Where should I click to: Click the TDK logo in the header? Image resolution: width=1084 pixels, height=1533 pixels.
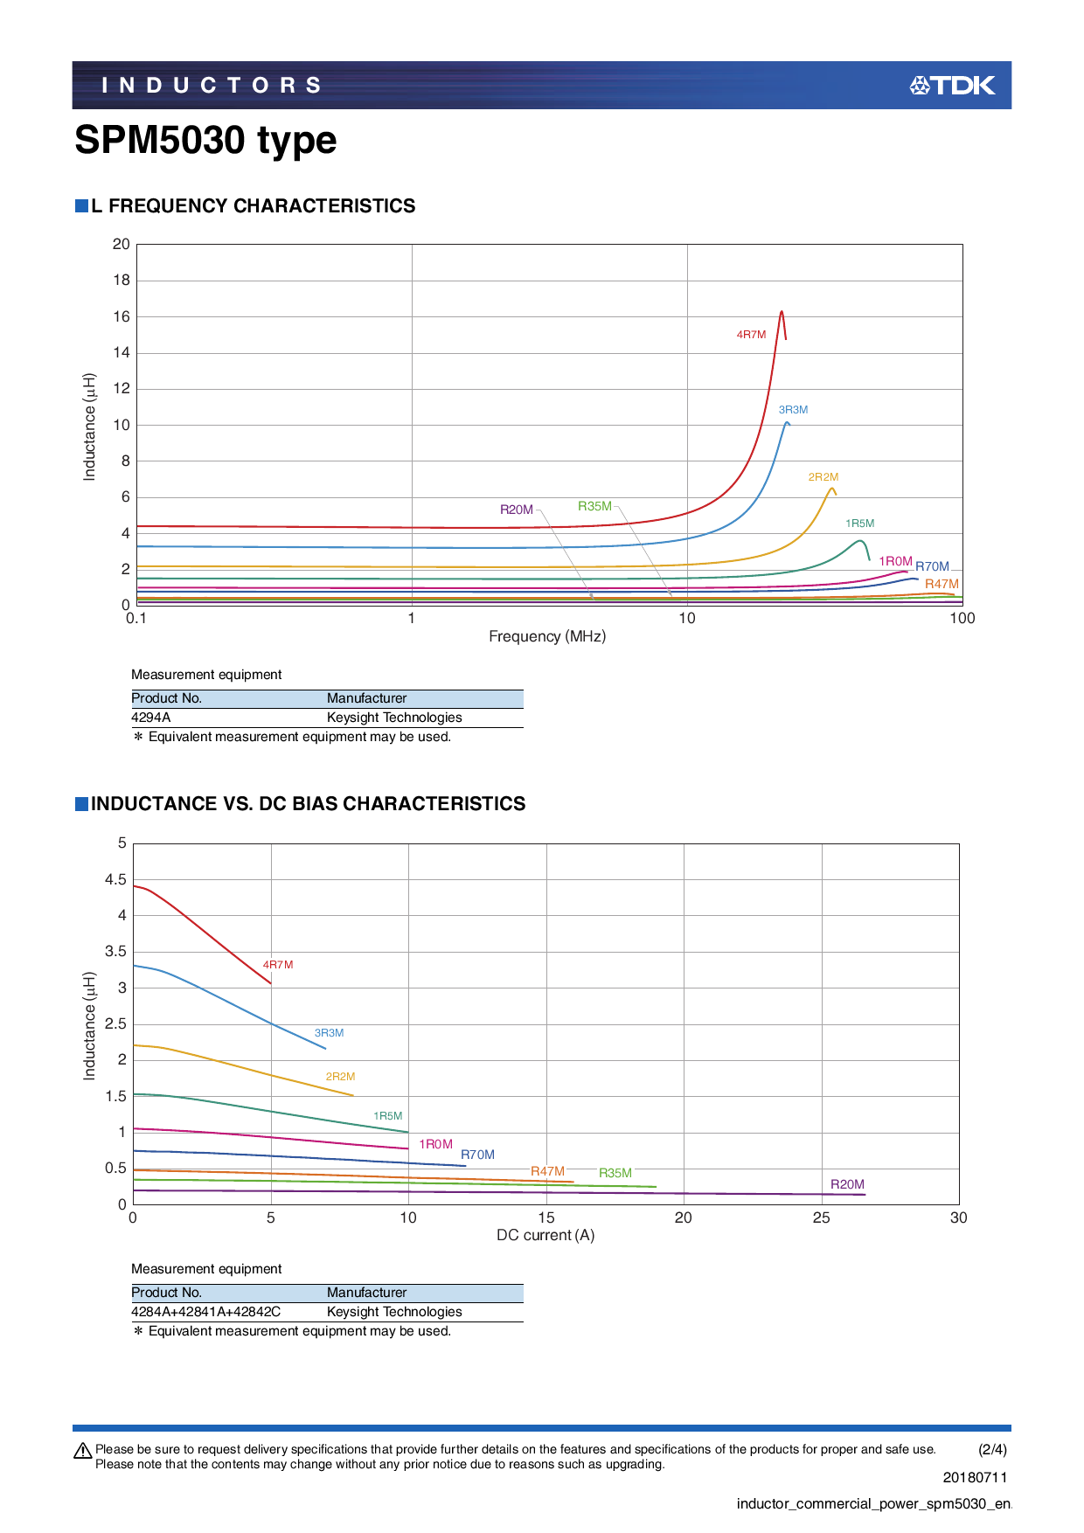pos(952,85)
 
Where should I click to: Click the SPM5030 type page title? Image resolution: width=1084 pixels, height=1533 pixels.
pos(205,140)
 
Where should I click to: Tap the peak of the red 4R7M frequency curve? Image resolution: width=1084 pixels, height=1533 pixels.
pos(781,312)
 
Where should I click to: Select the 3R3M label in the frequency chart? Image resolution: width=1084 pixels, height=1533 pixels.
pos(793,410)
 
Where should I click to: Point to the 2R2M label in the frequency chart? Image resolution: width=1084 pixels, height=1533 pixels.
pos(823,477)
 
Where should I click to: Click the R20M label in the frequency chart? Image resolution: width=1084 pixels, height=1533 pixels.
pos(516,510)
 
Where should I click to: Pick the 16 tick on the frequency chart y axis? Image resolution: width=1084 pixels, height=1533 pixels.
pos(122,316)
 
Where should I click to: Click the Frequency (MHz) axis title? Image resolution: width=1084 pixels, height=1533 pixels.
pos(547,636)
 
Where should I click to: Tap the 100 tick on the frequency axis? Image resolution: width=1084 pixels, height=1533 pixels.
pos(962,619)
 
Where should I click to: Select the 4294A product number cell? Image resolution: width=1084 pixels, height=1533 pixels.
pos(151,718)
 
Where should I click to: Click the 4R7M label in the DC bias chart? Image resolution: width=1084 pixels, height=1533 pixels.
pos(278,965)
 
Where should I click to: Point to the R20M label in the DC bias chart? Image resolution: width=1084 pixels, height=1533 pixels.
pos(847,1184)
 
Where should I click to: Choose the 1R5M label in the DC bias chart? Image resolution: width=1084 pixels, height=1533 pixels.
pos(388,1116)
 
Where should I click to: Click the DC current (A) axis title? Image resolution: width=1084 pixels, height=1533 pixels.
pos(545,1235)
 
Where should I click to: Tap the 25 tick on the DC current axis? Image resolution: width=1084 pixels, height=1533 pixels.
pos(821,1218)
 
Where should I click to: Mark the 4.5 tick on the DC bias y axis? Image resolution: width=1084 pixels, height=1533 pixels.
pos(116,880)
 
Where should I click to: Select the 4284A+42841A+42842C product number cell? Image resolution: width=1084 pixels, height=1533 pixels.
pos(206,1312)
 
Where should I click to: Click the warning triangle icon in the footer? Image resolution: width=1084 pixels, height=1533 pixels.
pos(83,1451)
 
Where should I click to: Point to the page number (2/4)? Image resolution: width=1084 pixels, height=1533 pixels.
pos(992,1449)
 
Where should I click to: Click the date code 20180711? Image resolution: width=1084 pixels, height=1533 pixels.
pos(975,1477)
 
